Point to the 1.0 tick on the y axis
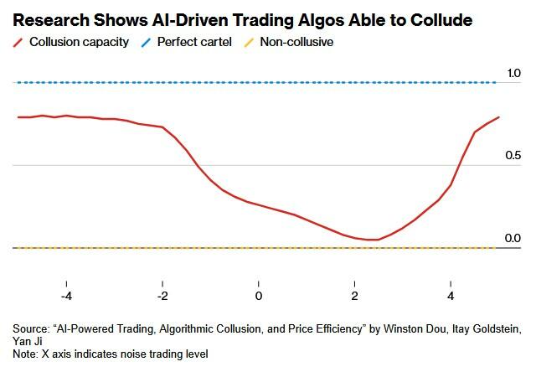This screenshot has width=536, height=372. [512, 74]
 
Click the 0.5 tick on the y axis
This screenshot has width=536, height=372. [512, 157]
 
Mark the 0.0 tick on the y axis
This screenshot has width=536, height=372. [512, 239]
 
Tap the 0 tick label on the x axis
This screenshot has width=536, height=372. [259, 297]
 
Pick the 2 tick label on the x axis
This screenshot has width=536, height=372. [354, 297]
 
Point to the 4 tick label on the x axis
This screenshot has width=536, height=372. [451, 297]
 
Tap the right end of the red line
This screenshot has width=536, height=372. [498, 117]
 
